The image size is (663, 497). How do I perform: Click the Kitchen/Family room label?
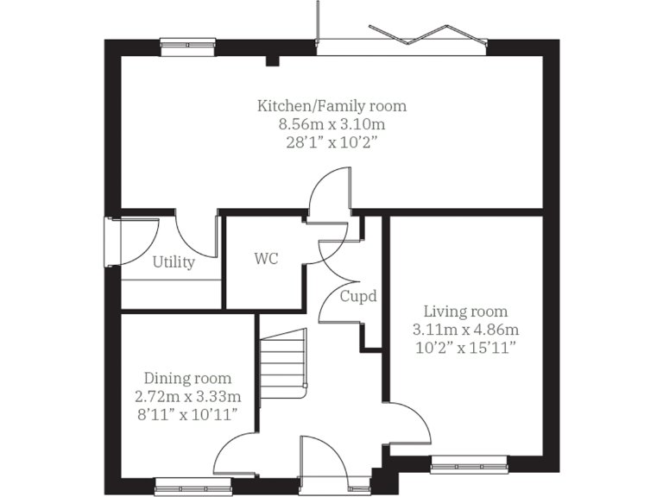pos(331,106)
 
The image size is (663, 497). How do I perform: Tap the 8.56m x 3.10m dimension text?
pos(331,125)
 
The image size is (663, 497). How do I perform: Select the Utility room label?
pos(174,262)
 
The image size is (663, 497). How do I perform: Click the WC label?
pos(266,259)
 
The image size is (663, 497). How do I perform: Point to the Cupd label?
pos(357,296)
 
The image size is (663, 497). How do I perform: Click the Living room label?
pos(465,311)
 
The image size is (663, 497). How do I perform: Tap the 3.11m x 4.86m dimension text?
pos(465,330)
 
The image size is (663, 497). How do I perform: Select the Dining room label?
pos(187,378)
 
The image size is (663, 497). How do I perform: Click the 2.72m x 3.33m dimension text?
pos(187,397)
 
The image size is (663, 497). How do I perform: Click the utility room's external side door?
pos(110,241)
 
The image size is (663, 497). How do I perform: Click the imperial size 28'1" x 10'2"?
pos(331,144)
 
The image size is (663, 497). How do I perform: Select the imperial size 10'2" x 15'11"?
pos(465,348)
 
